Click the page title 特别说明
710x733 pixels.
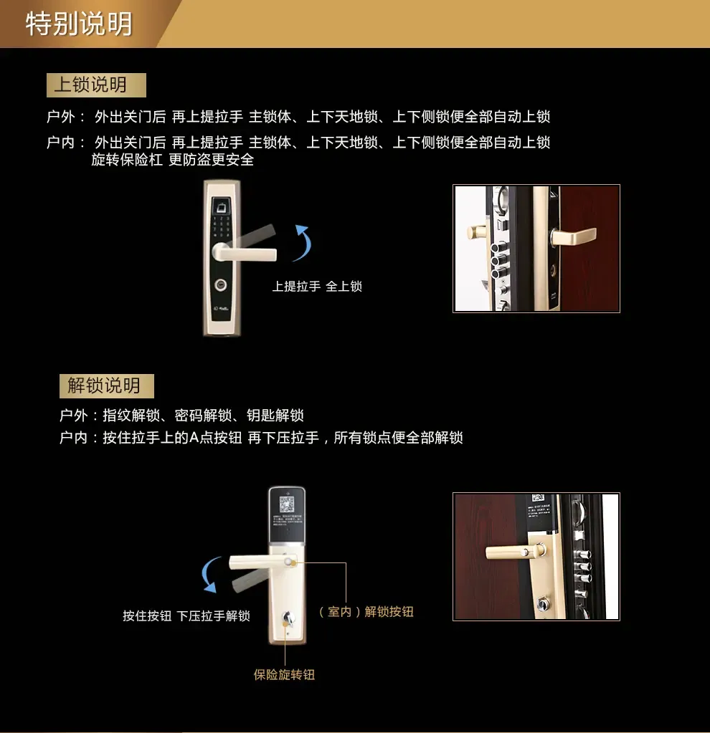pos(79,24)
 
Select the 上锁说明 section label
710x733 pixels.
pos(90,85)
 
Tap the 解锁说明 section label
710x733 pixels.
pos(104,386)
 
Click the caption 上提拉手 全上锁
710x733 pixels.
pos(317,287)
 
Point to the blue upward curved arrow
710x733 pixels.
pos(302,242)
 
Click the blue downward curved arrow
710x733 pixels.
pos(209,575)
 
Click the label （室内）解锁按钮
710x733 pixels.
pos(366,612)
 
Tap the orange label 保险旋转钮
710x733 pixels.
pos(284,675)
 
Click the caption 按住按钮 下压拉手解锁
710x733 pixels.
pos(186,616)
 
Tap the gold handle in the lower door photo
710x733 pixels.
pos(509,552)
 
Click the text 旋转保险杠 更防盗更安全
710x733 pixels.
pos(172,160)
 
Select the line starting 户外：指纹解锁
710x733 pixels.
pos(182,416)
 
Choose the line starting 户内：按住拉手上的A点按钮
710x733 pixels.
pos(261,437)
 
